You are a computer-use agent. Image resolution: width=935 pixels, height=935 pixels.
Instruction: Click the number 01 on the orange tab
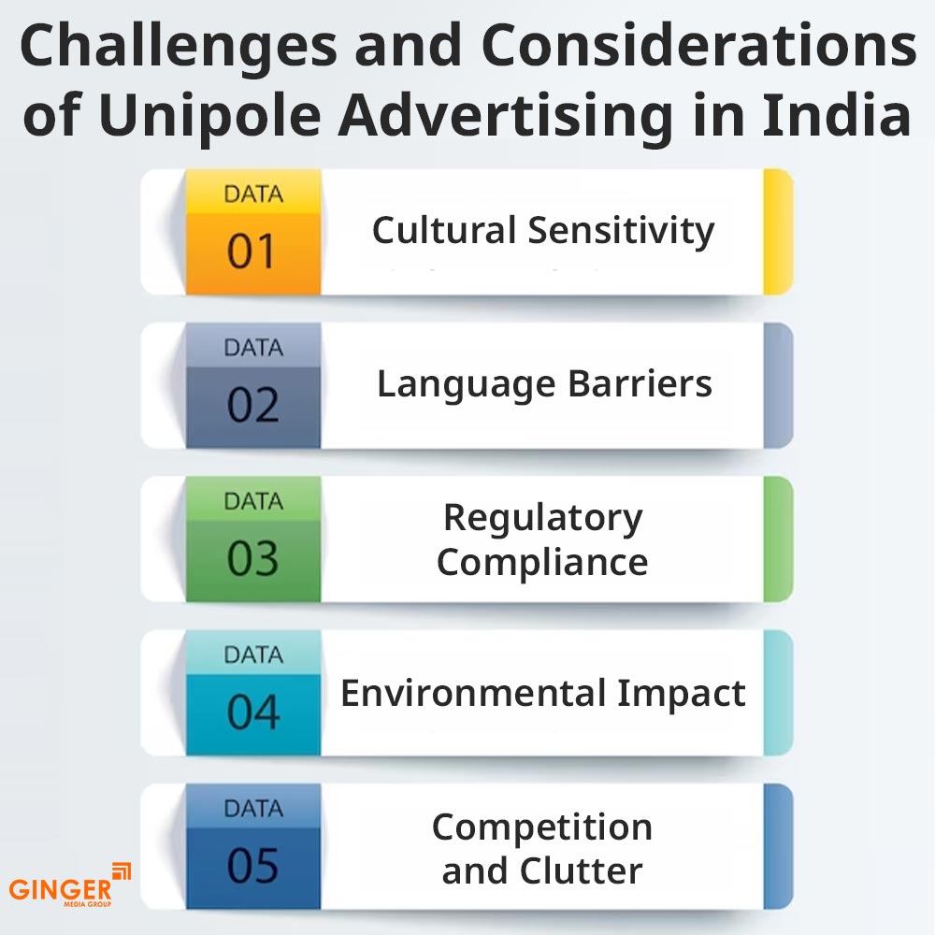point(251,251)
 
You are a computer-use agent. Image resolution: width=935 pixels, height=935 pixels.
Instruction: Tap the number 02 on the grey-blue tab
point(252,405)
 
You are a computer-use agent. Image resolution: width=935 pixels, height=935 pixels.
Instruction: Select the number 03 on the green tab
point(252,558)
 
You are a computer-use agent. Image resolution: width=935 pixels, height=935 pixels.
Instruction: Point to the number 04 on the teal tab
point(253,712)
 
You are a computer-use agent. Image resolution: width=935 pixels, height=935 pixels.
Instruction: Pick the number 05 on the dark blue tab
point(252,865)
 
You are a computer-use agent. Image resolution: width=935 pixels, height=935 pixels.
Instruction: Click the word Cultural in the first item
point(444,230)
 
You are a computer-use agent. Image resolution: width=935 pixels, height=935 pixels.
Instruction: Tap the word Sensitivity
point(622,232)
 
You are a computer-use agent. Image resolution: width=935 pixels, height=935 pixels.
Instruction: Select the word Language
point(467,385)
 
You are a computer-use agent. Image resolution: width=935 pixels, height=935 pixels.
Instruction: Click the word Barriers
point(640,383)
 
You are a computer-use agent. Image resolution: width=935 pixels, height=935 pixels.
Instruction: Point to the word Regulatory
point(543,518)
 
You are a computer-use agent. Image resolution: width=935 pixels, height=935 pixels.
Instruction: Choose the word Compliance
point(542,563)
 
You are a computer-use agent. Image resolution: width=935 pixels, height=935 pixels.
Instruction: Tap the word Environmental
point(473,693)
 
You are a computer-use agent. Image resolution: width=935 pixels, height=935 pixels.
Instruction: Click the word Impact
point(681,695)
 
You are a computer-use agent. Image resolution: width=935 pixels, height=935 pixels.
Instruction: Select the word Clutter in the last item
point(582,870)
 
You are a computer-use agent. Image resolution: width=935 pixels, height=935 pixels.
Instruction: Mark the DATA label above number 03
point(253,501)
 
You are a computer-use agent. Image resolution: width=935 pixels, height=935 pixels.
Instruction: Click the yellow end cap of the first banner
point(778,231)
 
